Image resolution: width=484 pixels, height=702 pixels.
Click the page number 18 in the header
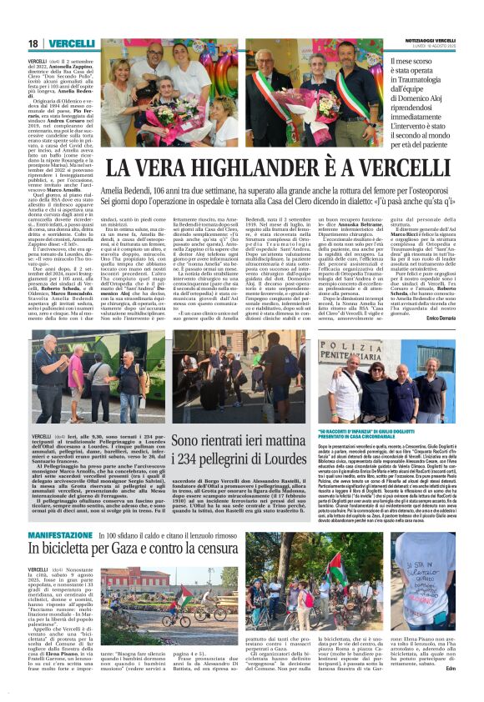(33, 43)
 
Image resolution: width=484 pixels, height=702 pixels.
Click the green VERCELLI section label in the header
(71, 43)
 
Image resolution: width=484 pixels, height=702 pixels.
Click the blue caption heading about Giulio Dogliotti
(388, 434)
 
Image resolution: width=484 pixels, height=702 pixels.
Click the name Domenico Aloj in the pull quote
(421, 100)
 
